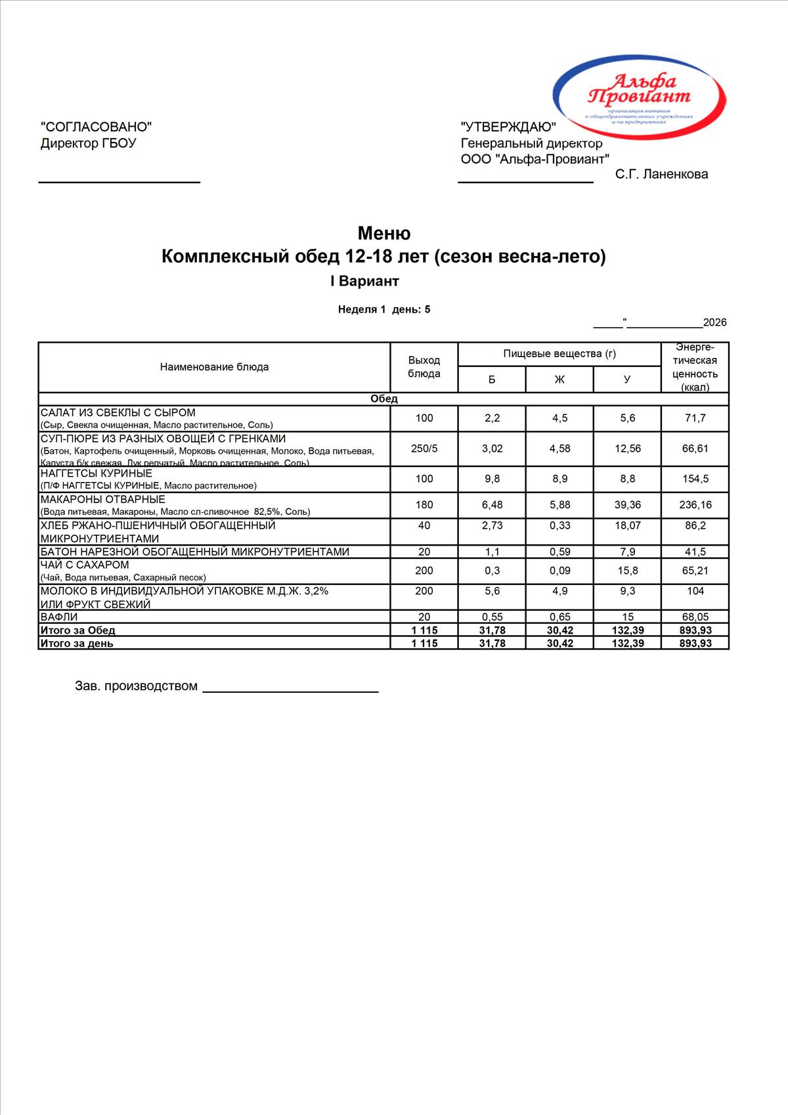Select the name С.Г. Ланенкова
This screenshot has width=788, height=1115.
pyautogui.click(x=661, y=174)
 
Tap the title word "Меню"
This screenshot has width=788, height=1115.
pyautogui.click(x=384, y=233)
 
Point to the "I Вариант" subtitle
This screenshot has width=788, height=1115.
pyautogui.click(x=364, y=281)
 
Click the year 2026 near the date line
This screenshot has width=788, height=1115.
pyautogui.click(x=714, y=322)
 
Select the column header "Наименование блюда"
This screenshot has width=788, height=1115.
pyautogui.click(x=214, y=367)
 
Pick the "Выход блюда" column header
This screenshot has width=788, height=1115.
pyautogui.click(x=424, y=367)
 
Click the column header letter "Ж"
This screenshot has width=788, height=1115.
pyautogui.click(x=559, y=380)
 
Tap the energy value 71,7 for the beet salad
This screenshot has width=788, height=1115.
pyautogui.click(x=695, y=418)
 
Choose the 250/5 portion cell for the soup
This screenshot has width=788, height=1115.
pyautogui.click(x=424, y=448)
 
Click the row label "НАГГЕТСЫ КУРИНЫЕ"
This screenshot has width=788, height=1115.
pyautogui.click(x=97, y=473)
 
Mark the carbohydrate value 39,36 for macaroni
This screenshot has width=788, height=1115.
pyautogui.click(x=627, y=505)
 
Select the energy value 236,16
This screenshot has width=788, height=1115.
pyautogui.click(x=695, y=505)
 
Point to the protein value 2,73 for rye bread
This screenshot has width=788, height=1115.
pyautogui.click(x=492, y=525)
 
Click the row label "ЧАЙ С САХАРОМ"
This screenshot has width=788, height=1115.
pyautogui.click(x=85, y=565)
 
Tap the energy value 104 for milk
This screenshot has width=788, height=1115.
pyautogui.click(x=695, y=591)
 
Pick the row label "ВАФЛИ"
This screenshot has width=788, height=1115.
pyautogui.click(x=59, y=617)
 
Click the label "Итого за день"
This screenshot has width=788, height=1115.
pyautogui.click(x=77, y=644)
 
